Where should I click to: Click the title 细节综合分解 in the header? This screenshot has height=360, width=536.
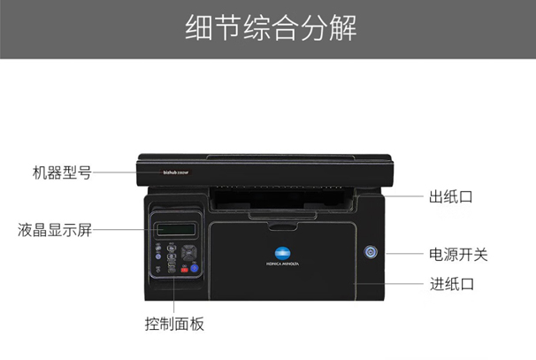(268, 28)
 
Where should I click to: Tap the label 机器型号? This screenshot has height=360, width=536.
(61, 172)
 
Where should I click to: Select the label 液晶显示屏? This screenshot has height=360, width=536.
(55, 231)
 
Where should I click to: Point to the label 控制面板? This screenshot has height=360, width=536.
(174, 324)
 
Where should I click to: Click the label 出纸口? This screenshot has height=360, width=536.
(450, 196)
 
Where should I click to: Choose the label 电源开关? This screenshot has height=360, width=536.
(458, 255)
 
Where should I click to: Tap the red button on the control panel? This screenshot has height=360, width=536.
(185, 268)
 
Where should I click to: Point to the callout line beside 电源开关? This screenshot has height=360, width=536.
(399, 255)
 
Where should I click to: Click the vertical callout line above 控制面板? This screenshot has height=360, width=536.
(174, 295)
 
